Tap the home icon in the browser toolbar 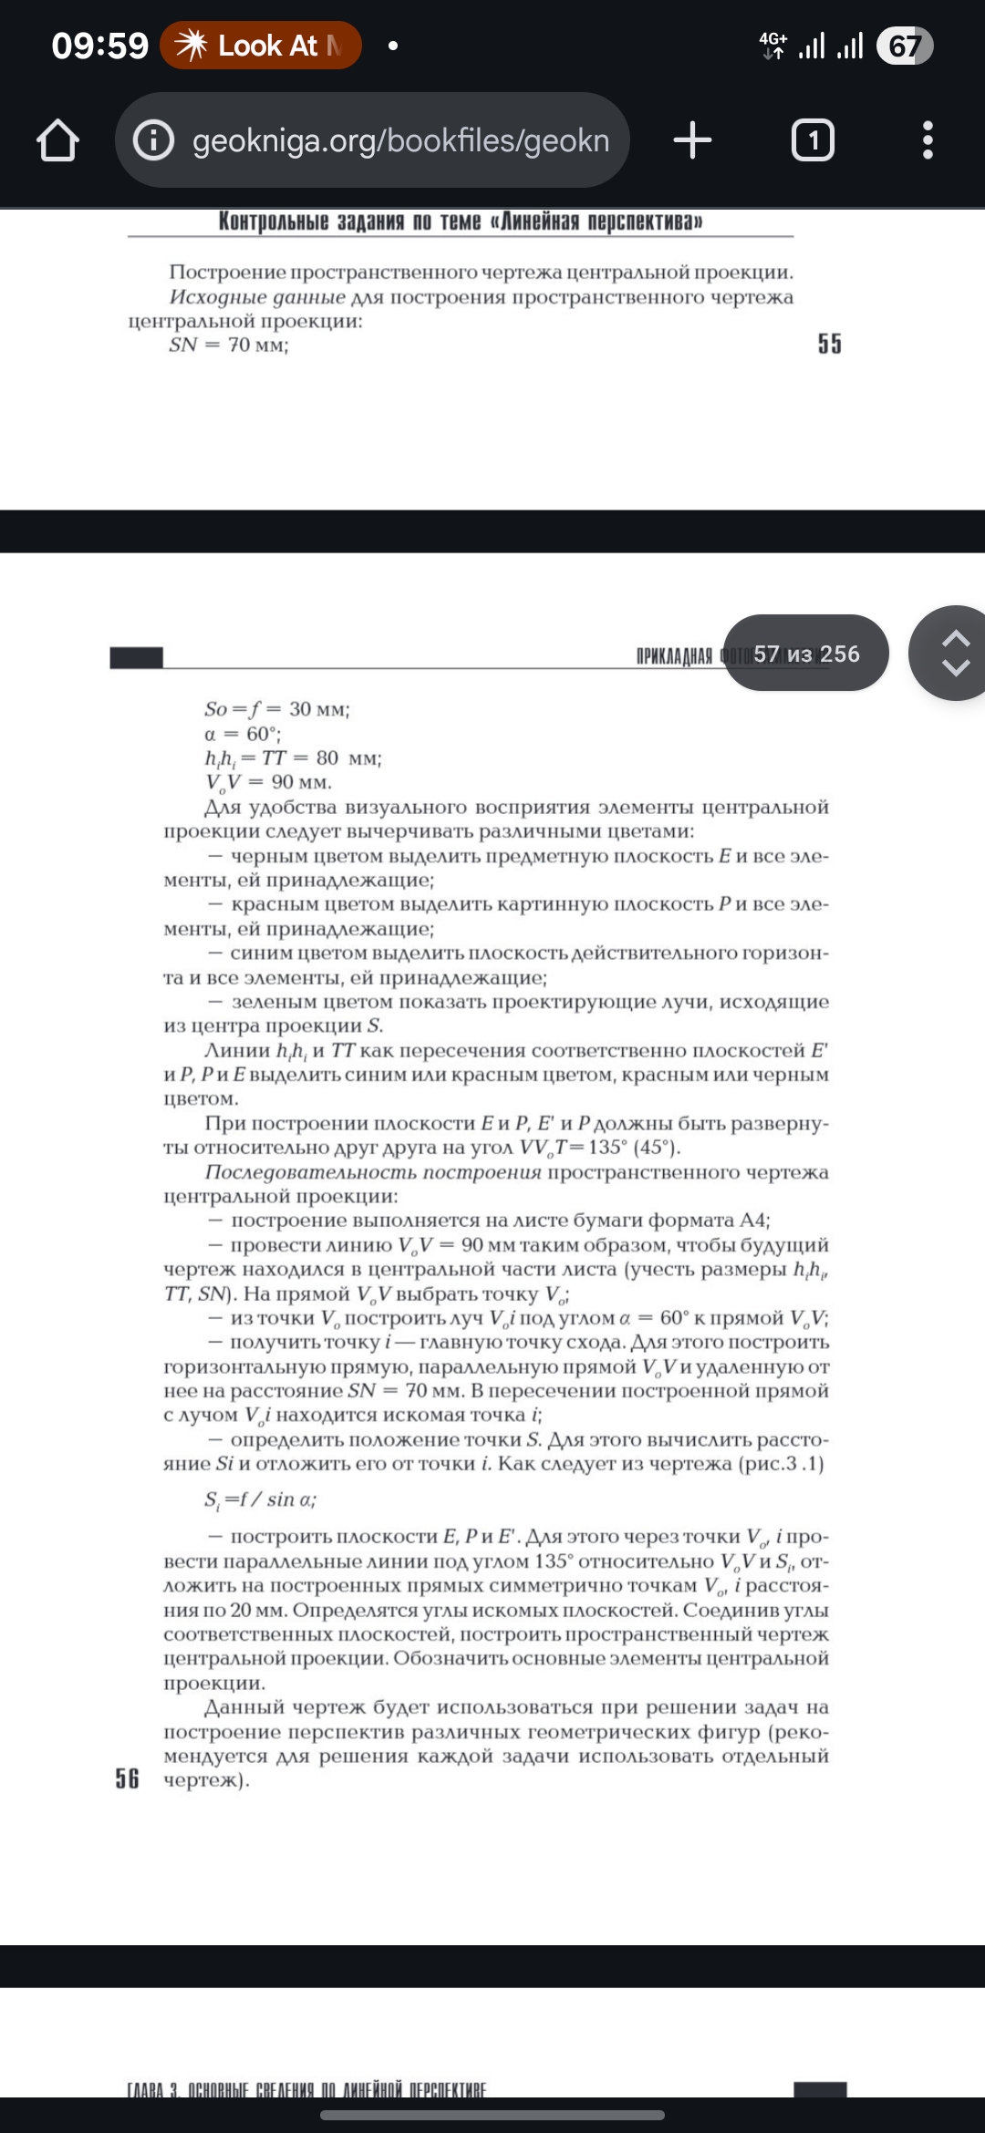pyautogui.click(x=57, y=140)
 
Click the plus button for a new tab pyautogui.click(x=692, y=140)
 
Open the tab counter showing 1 pyautogui.click(x=813, y=140)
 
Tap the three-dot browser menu pyautogui.click(x=928, y=140)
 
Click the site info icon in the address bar pyautogui.click(x=153, y=140)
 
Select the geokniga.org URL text pyautogui.click(x=400, y=140)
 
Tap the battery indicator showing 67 pyautogui.click(x=904, y=46)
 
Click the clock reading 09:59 pyautogui.click(x=99, y=46)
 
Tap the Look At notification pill pyautogui.click(x=261, y=46)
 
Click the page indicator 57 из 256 pyautogui.click(x=806, y=654)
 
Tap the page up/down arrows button pyautogui.click(x=954, y=654)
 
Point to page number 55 pyautogui.click(x=829, y=344)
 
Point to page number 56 pyautogui.click(x=128, y=1778)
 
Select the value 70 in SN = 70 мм pyautogui.click(x=239, y=345)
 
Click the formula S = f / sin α pyautogui.click(x=260, y=1499)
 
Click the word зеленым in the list pyautogui.click(x=275, y=1002)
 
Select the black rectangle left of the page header pyautogui.click(x=136, y=657)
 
